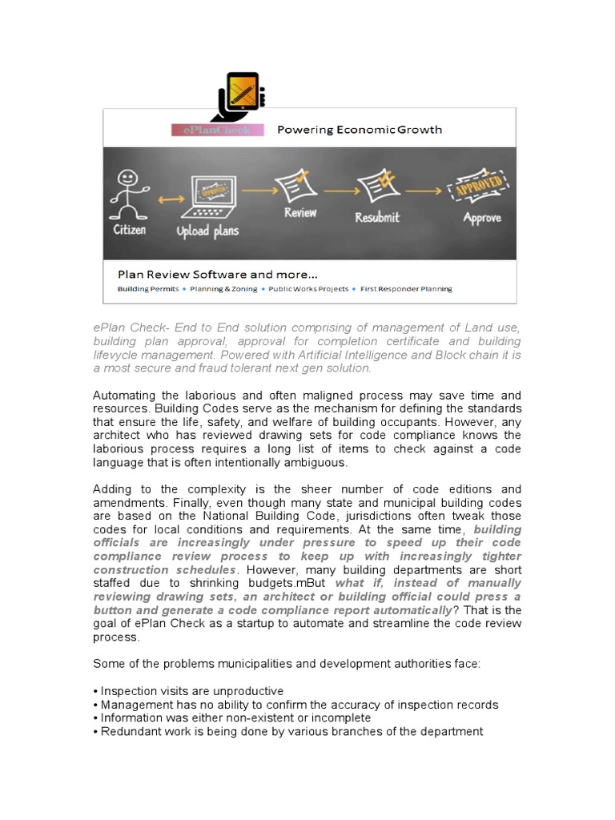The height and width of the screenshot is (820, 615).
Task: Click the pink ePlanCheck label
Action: tap(211, 130)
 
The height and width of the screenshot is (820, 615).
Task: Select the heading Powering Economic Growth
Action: tap(359, 130)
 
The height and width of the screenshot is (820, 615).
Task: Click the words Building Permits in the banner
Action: tap(149, 289)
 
